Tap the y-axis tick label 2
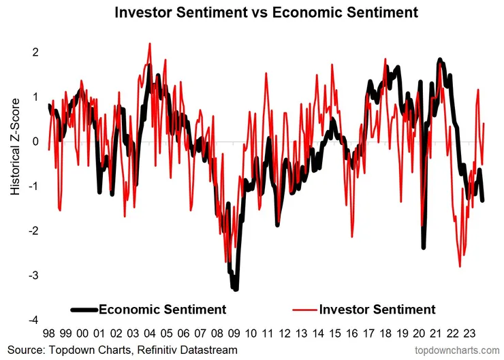35,52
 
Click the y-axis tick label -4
33,320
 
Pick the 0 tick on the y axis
35,142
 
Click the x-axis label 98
49,334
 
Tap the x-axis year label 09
234,334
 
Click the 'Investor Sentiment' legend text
377,310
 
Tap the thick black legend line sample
84,310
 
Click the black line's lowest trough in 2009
236,289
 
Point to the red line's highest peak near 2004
149,44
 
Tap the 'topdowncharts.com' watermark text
458,350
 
